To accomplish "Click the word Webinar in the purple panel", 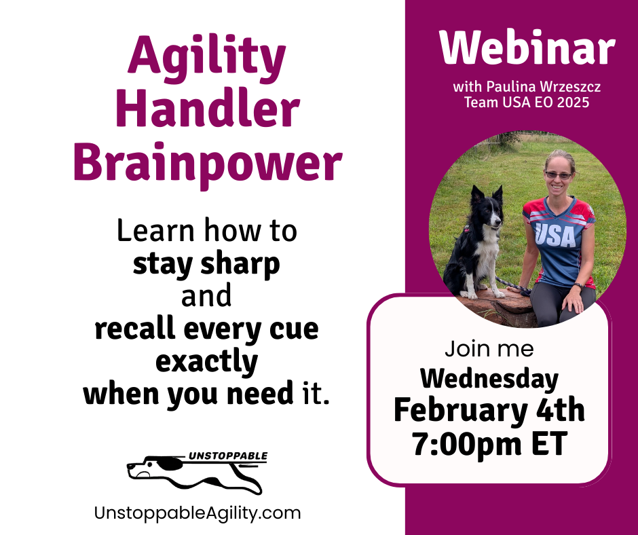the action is tap(527, 47).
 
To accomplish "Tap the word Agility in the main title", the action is tap(207, 60).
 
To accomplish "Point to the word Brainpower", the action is tap(208, 164).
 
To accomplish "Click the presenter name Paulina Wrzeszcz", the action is tap(544, 87).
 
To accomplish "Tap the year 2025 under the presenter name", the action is tap(574, 103).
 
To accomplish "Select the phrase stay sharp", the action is tap(206, 265).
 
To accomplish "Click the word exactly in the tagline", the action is tap(207, 363).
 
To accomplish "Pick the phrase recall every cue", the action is tap(207, 329).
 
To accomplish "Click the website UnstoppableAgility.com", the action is tap(198, 513).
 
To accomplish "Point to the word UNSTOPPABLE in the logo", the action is tap(228, 456).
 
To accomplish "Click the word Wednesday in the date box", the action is tap(489, 379).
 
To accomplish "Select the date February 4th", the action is tap(489, 410).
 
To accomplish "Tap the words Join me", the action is tap(489, 349).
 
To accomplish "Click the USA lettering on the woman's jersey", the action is tap(555, 235).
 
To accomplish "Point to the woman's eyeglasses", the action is tap(559, 175).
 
